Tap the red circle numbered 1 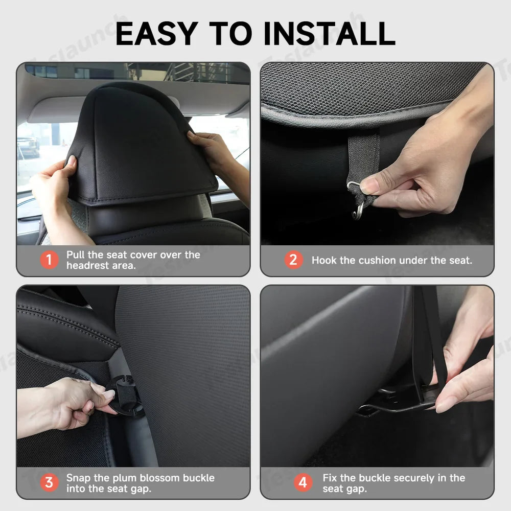click(x=49, y=260)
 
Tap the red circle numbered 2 click(x=293, y=260)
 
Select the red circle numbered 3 click(x=49, y=482)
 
